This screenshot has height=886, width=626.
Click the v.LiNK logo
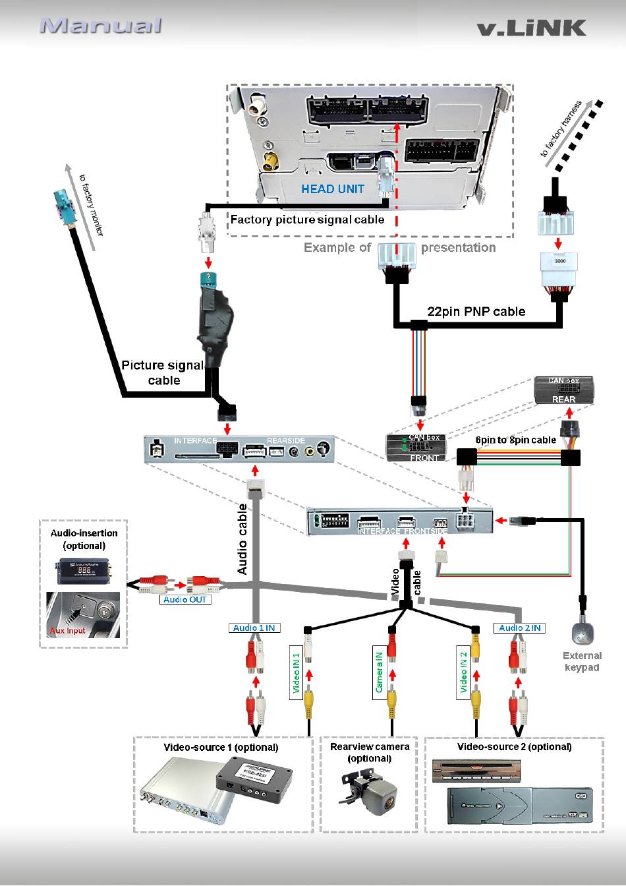(x=531, y=27)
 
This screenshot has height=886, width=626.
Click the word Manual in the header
(x=101, y=26)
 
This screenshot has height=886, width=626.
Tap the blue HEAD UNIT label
(x=332, y=189)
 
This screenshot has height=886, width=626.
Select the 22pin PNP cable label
(x=476, y=311)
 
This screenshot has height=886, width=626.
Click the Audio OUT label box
(x=185, y=600)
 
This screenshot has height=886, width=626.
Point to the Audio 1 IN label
(x=253, y=628)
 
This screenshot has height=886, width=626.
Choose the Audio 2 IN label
(x=519, y=628)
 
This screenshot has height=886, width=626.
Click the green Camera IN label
(x=379, y=672)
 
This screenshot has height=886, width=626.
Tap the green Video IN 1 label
(x=296, y=674)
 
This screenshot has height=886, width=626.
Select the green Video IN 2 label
(x=463, y=674)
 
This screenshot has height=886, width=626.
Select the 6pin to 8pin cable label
(x=515, y=440)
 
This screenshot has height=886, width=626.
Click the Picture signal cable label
(x=163, y=372)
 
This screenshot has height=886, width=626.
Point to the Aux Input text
(x=68, y=631)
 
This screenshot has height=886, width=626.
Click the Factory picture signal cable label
(x=307, y=220)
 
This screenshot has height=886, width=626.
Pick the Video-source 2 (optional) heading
(x=514, y=747)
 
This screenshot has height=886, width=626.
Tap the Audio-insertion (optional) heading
(x=84, y=539)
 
